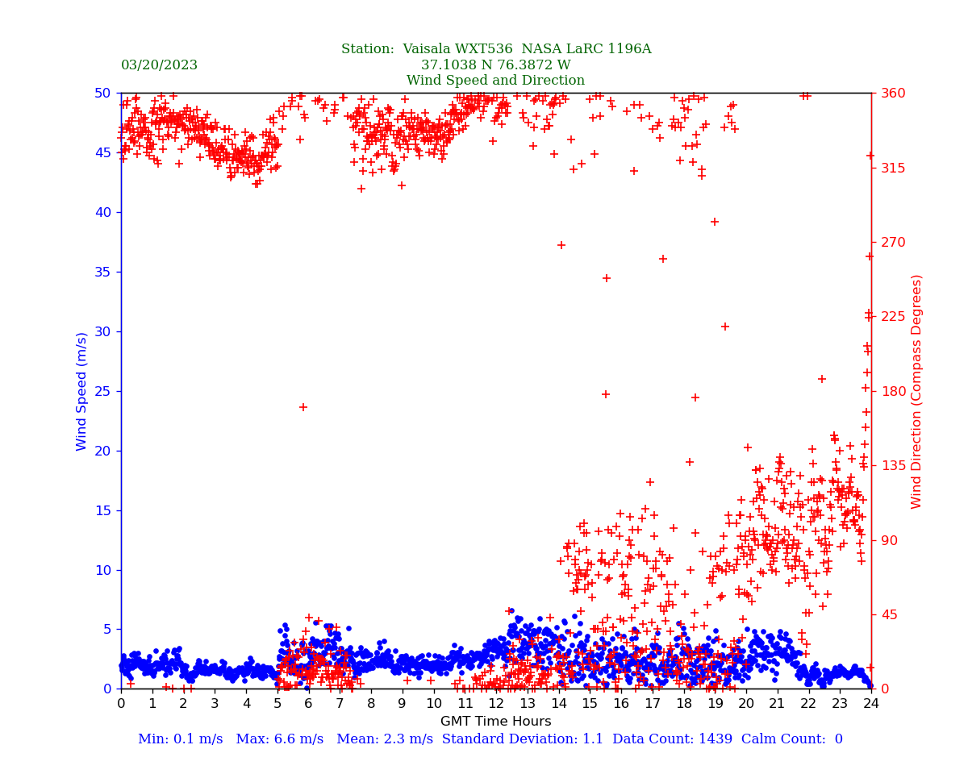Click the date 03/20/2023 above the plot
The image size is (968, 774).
click(x=159, y=65)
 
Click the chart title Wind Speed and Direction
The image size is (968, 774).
click(x=495, y=81)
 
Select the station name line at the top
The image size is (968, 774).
click(x=495, y=49)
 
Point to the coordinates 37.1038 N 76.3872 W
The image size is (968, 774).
click(x=495, y=65)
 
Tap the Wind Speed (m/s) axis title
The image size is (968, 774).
click(x=82, y=391)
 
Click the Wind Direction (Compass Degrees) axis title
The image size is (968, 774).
click(x=916, y=391)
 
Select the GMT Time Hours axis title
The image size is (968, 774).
click(x=495, y=722)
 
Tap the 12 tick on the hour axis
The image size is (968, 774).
click(x=495, y=704)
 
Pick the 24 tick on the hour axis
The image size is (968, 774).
click(x=870, y=704)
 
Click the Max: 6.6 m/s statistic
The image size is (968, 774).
click(x=277, y=739)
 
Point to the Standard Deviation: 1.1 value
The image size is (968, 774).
click(x=524, y=739)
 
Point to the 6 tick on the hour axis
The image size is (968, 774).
click(x=308, y=704)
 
